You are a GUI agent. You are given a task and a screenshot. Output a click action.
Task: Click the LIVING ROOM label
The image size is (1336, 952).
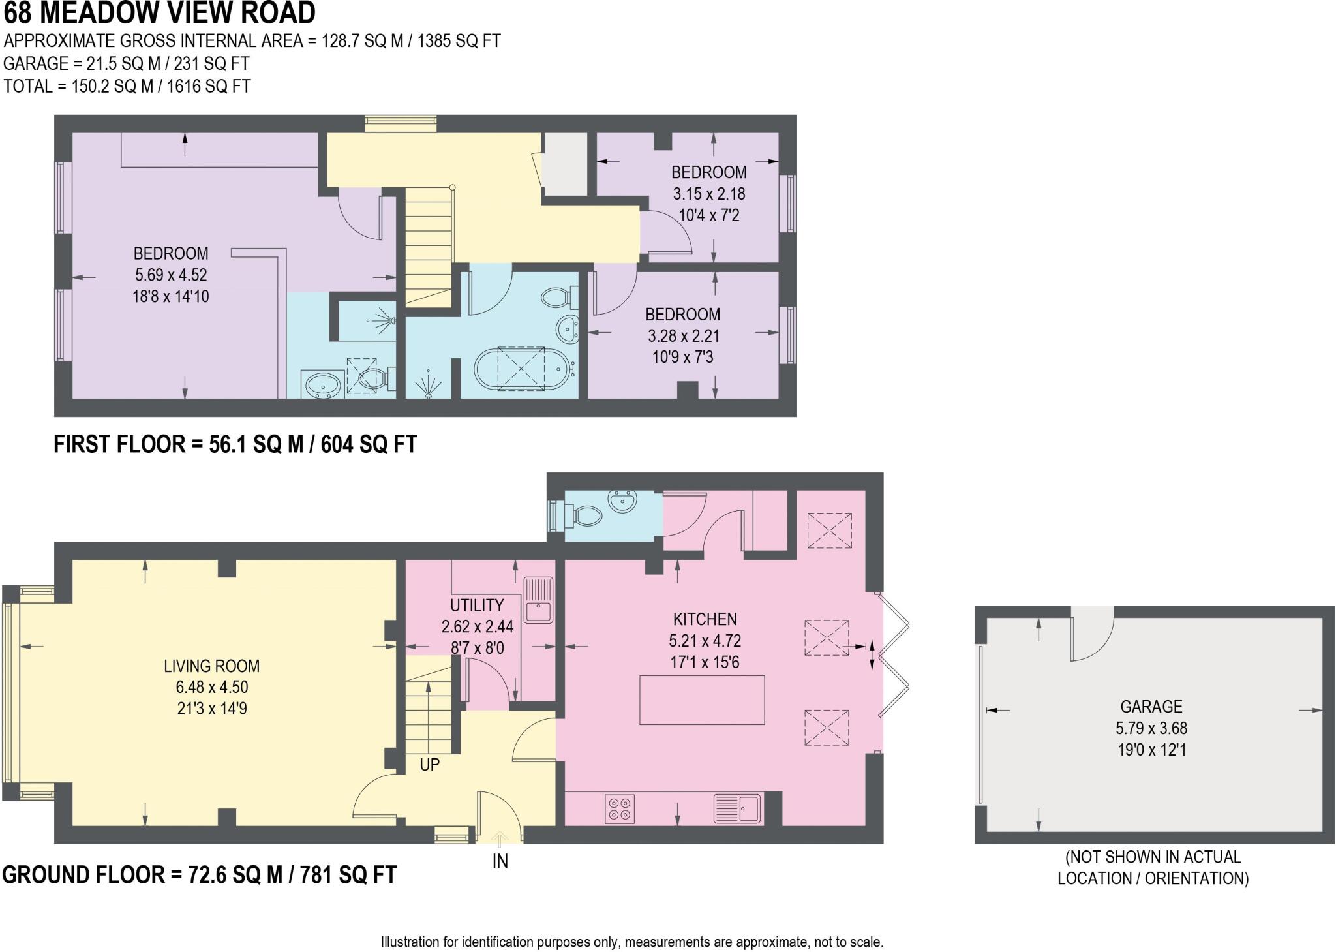(211, 666)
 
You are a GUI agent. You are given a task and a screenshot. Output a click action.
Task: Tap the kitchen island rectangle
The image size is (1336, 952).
(702, 700)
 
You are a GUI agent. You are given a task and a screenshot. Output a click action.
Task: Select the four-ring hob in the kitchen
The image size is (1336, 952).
(619, 809)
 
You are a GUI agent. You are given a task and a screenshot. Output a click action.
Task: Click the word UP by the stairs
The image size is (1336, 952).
(429, 764)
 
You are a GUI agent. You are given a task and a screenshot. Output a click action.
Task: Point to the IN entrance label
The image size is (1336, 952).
(500, 861)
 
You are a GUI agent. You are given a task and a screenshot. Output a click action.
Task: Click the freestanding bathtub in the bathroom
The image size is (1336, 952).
(522, 369)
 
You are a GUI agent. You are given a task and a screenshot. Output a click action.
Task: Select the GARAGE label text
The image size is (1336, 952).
(1151, 706)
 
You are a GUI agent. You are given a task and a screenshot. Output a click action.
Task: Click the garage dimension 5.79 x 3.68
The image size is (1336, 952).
(1151, 728)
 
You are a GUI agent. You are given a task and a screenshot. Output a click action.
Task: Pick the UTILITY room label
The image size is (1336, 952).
(477, 605)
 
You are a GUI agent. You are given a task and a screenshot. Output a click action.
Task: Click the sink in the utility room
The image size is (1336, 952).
(539, 602)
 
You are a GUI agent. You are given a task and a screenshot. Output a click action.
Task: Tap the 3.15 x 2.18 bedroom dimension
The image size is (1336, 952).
(709, 194)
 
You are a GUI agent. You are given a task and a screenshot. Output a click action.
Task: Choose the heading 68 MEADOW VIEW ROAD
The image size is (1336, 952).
(159, 12)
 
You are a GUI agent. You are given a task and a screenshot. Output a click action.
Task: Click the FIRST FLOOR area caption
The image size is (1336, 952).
(235, 444)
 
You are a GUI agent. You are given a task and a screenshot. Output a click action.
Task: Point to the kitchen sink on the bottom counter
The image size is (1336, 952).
(737, 809)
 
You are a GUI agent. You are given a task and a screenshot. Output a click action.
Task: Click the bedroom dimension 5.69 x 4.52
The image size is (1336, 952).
(171, 275)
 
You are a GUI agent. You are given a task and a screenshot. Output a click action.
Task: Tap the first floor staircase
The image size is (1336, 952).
(429, 245)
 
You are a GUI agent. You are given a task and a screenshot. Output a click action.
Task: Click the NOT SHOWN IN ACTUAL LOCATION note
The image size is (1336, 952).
(1153, 867)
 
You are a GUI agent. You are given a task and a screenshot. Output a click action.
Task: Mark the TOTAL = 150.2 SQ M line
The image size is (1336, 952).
(127, 86)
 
